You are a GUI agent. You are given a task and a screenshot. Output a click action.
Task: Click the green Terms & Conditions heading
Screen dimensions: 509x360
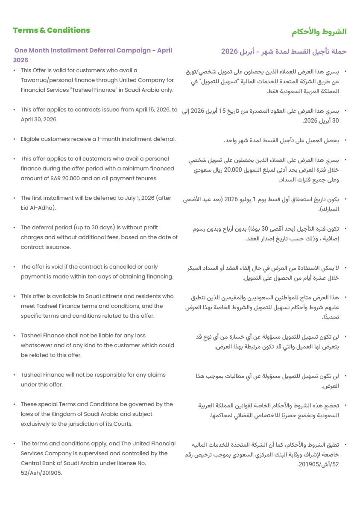(52, 30)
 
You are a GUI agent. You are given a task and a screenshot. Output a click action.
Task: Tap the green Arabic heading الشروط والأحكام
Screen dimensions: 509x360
(319, 32)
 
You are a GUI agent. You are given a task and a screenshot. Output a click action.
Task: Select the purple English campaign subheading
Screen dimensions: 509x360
(93, 51)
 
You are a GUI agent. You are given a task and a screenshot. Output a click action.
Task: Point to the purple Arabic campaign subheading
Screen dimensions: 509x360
(284, 52)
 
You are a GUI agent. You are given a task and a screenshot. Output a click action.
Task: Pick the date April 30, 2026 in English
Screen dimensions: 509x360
(39, 120)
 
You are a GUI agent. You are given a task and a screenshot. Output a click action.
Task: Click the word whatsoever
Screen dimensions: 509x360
(36, 345)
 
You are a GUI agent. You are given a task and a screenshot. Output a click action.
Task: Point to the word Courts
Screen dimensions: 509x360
(123, 424)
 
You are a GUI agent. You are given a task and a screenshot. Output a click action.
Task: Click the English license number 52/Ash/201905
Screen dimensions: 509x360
(41, 473)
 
